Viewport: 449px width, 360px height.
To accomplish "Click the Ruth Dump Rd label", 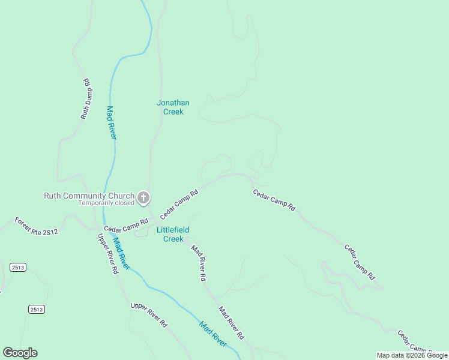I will (85, 99).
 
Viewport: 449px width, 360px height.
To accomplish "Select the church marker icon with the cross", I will (143, 197).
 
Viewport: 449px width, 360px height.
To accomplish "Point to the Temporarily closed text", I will (106, 203).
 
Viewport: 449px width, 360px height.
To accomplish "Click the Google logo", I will (20, 353).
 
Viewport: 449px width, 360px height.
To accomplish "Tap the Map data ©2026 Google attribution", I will (412, 355).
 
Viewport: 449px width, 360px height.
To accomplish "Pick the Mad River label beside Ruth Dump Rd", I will (111, 122).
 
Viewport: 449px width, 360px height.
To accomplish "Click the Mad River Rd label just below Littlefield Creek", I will (199, 263).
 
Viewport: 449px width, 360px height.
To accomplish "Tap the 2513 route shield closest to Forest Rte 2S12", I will (18, 267).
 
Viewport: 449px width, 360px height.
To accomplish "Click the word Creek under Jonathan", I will (173, 111).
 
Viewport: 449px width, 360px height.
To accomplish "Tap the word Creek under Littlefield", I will (173, 238).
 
